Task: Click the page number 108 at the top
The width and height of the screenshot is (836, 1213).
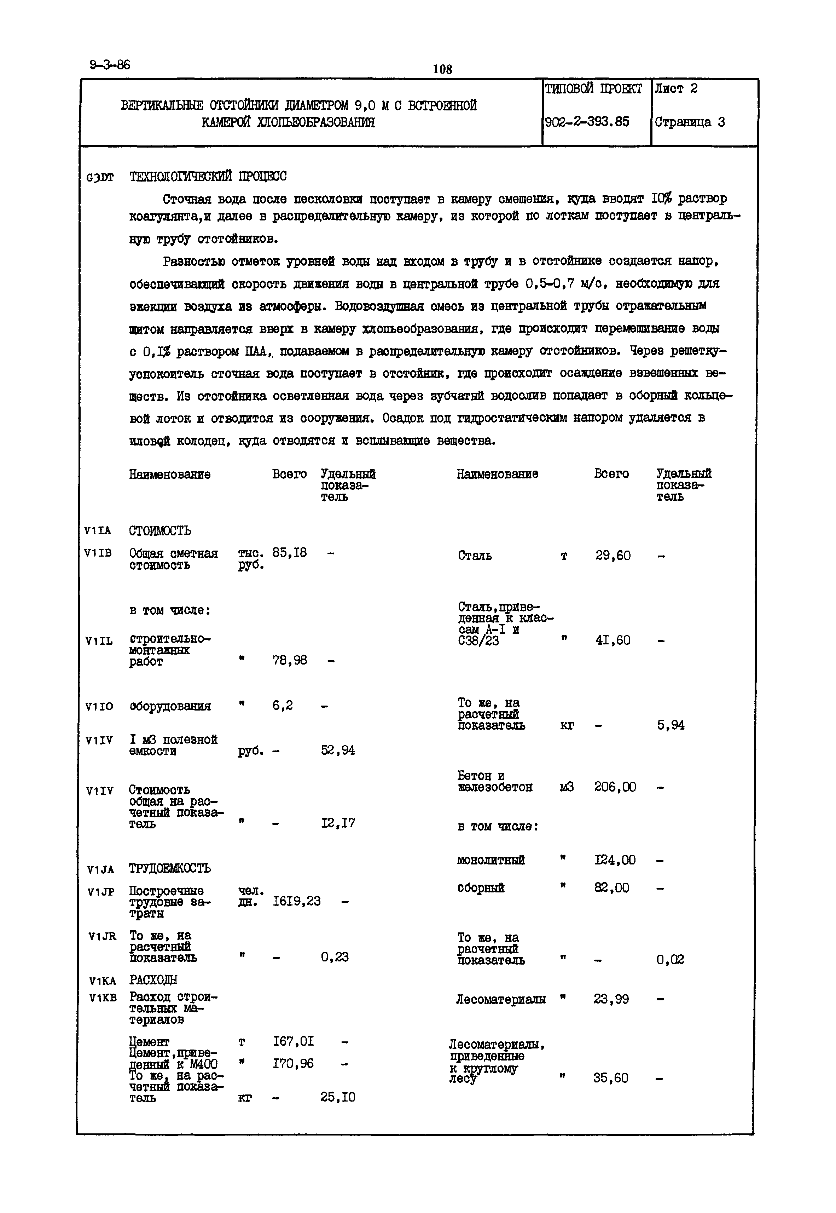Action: (x=443, y=69)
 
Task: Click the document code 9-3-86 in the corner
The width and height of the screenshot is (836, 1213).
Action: (x=110, y=65)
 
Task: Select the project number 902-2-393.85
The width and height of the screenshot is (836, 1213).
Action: (x=587, y=122)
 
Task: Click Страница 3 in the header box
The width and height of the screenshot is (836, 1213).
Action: (x=689, y=122)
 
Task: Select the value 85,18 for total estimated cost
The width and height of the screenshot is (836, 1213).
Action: (x=289, y=553)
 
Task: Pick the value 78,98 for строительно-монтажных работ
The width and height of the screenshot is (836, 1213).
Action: (x=289, y=660)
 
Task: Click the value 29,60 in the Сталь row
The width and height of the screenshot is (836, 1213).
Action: (x=613, y=556)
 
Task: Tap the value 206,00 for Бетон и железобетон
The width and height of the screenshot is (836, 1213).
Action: (x=615, y=787)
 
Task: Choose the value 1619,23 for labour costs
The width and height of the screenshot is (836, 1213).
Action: (x=296, y=901)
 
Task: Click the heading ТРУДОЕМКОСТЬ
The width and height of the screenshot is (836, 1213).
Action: (x=170, y=869)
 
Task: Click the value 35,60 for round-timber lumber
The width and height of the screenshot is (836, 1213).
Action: (x=611, y=1078)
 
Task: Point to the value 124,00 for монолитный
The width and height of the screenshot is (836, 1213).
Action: (x=615, y=860)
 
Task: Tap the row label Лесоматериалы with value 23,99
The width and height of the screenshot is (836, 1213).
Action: (x=501, y=999)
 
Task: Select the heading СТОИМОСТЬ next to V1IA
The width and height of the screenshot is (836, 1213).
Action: (x=160, y=531)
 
